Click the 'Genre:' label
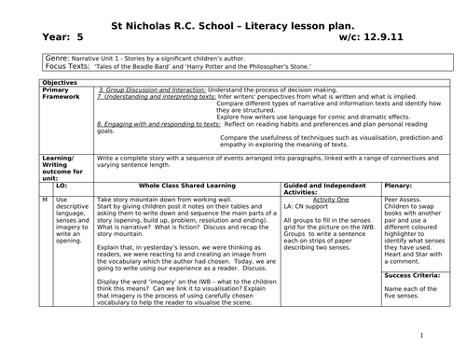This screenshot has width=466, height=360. click(59, 59)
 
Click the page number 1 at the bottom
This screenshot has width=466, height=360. click(421, 337)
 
